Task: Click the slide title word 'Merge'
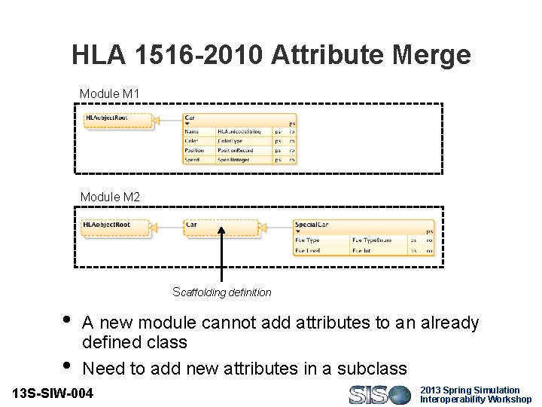(425, 55)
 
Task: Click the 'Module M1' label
(110, 93)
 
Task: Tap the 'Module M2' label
(110, 197)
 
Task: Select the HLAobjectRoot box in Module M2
(115, 225)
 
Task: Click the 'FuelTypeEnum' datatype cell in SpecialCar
(379, 240)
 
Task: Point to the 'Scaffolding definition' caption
(222, 292)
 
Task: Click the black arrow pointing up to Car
(221, 256)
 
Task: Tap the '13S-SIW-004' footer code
(53, 393)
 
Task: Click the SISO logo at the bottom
(380, 394)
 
